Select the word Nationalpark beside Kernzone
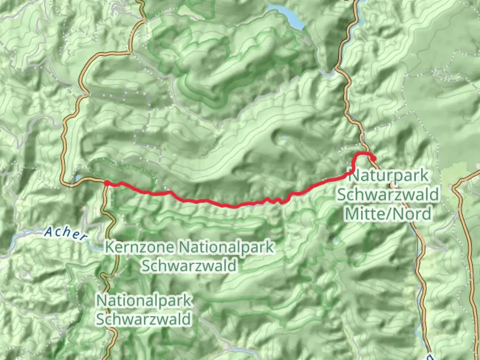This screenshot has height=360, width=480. tap(227, 247)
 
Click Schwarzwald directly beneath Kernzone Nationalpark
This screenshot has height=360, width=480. tap(189, 266)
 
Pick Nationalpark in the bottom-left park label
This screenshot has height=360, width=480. tap(144, 301)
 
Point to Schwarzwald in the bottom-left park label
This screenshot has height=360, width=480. tap(144, 319)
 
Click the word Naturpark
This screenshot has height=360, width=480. tap(389, 176)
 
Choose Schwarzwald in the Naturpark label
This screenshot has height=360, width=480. tap(388, 194)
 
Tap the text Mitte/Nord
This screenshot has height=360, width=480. tap(388, 213)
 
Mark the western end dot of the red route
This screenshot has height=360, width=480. tap(107, 183)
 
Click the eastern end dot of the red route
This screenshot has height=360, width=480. tap(374, 159)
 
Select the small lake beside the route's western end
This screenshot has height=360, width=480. tap(77, 178)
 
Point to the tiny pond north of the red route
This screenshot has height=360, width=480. tap(284, 137)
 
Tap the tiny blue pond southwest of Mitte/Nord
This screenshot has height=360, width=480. tap(335, 240)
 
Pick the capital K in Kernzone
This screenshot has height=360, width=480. tap(109, 247)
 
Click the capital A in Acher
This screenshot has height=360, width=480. tap(49, 230)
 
